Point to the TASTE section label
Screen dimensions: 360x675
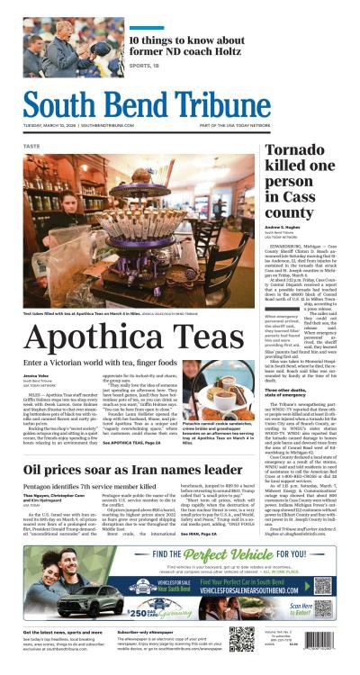click(31, 145)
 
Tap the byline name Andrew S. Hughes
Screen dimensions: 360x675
click(283, 228)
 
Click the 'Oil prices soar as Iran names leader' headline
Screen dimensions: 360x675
click(132, 470)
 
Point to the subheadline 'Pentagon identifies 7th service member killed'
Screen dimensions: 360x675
click(94, 486)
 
